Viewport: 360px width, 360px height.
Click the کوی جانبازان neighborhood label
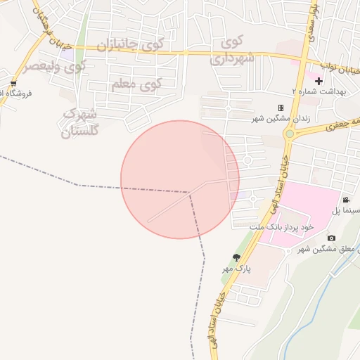pyautogui.click(x=129, y=45)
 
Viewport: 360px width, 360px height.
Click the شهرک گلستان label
pyautogui.click(x=81, y=122)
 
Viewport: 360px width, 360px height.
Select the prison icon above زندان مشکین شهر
pyautogui.click(x=281, y=108)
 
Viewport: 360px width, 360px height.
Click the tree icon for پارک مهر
pyautogui.click(x=236, y=257)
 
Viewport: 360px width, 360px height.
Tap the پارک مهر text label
pyautogui.click(x=237, y=269)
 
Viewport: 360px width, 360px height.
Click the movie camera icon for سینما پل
pyautogui.click(x=345, y=200)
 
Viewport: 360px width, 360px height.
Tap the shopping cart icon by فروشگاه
pyautogui.click(x=13, y=83)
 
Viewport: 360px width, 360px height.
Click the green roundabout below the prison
pyautogui.click(x=288, y=133)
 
